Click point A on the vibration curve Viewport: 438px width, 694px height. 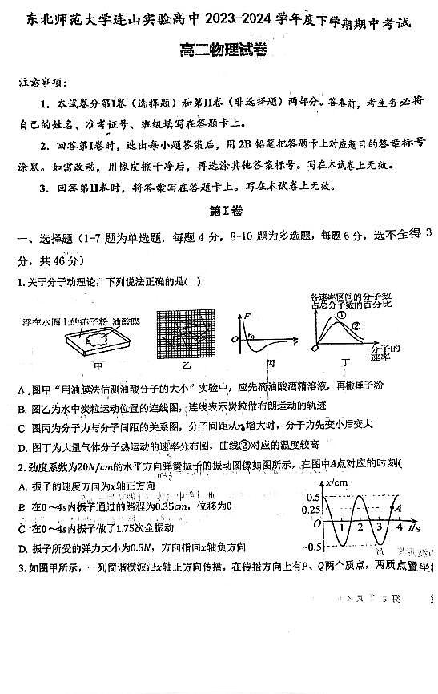tap(398, 506)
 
